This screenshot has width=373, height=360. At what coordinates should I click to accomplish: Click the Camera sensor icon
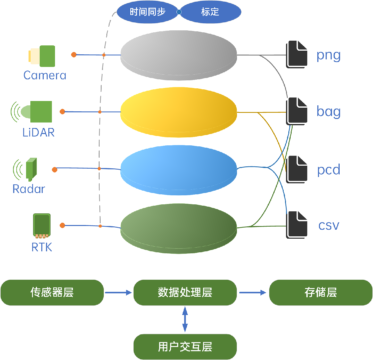click(x=42, y=56)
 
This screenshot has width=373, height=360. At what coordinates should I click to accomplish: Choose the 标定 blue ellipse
click(x=210, y=12)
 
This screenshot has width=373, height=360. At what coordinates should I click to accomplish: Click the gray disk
click(x=179, y=55)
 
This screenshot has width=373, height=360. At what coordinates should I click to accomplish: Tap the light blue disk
click(x=179, y=169)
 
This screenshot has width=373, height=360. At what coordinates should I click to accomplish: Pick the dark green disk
click(x=179, y=227)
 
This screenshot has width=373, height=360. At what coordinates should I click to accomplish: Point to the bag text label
click(x=329, y=112)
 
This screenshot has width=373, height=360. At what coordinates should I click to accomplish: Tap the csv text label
click(x=329, y=226)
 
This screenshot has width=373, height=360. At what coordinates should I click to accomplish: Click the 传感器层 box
click(x=52, y=293)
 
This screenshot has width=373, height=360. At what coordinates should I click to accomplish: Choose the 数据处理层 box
click(x=185, y=293)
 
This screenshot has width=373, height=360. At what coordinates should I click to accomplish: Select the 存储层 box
click(x=321, y=293)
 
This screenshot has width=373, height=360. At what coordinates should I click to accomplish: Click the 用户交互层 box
click(x=185, y=347)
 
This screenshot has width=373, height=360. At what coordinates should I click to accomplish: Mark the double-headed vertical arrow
click(x=185, y=320)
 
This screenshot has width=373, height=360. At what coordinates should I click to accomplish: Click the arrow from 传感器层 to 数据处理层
click(x=119, y=293)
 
